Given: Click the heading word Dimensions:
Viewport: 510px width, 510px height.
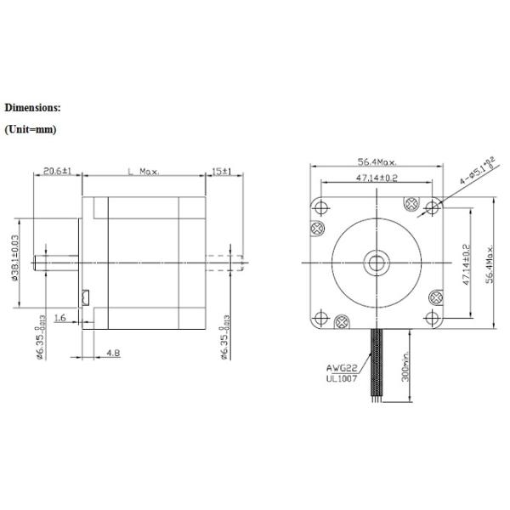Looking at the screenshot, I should [x=32, y=109].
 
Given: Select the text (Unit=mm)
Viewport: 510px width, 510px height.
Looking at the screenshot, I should [x=31, y=130].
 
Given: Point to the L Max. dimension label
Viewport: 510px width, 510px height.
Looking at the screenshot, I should [x=142, y=171].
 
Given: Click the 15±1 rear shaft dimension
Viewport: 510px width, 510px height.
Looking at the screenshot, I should [x=222, y=171].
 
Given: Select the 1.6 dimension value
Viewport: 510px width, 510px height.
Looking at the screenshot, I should [x=60, y=317].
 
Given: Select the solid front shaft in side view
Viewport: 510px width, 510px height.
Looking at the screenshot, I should [x=56, y=260].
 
